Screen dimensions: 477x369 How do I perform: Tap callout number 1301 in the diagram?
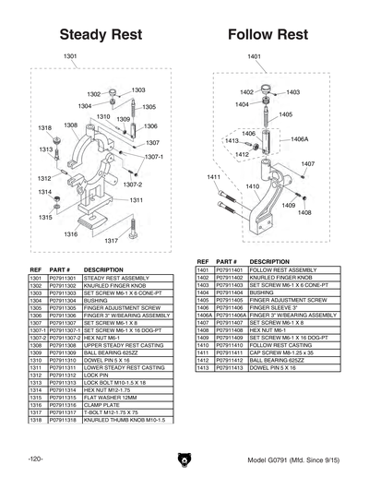tap(70, 57)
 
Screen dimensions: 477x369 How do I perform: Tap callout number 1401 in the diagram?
tap(255, 57)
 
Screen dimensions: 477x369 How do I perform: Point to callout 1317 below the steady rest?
tap(112, 240)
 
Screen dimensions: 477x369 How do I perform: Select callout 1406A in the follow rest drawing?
tap(301, 138)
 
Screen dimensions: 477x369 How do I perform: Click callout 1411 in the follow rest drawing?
tap(213, 176)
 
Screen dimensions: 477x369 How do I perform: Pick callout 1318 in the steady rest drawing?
tap(43, 127)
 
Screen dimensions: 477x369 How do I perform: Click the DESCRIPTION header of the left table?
tap(103, 269)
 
